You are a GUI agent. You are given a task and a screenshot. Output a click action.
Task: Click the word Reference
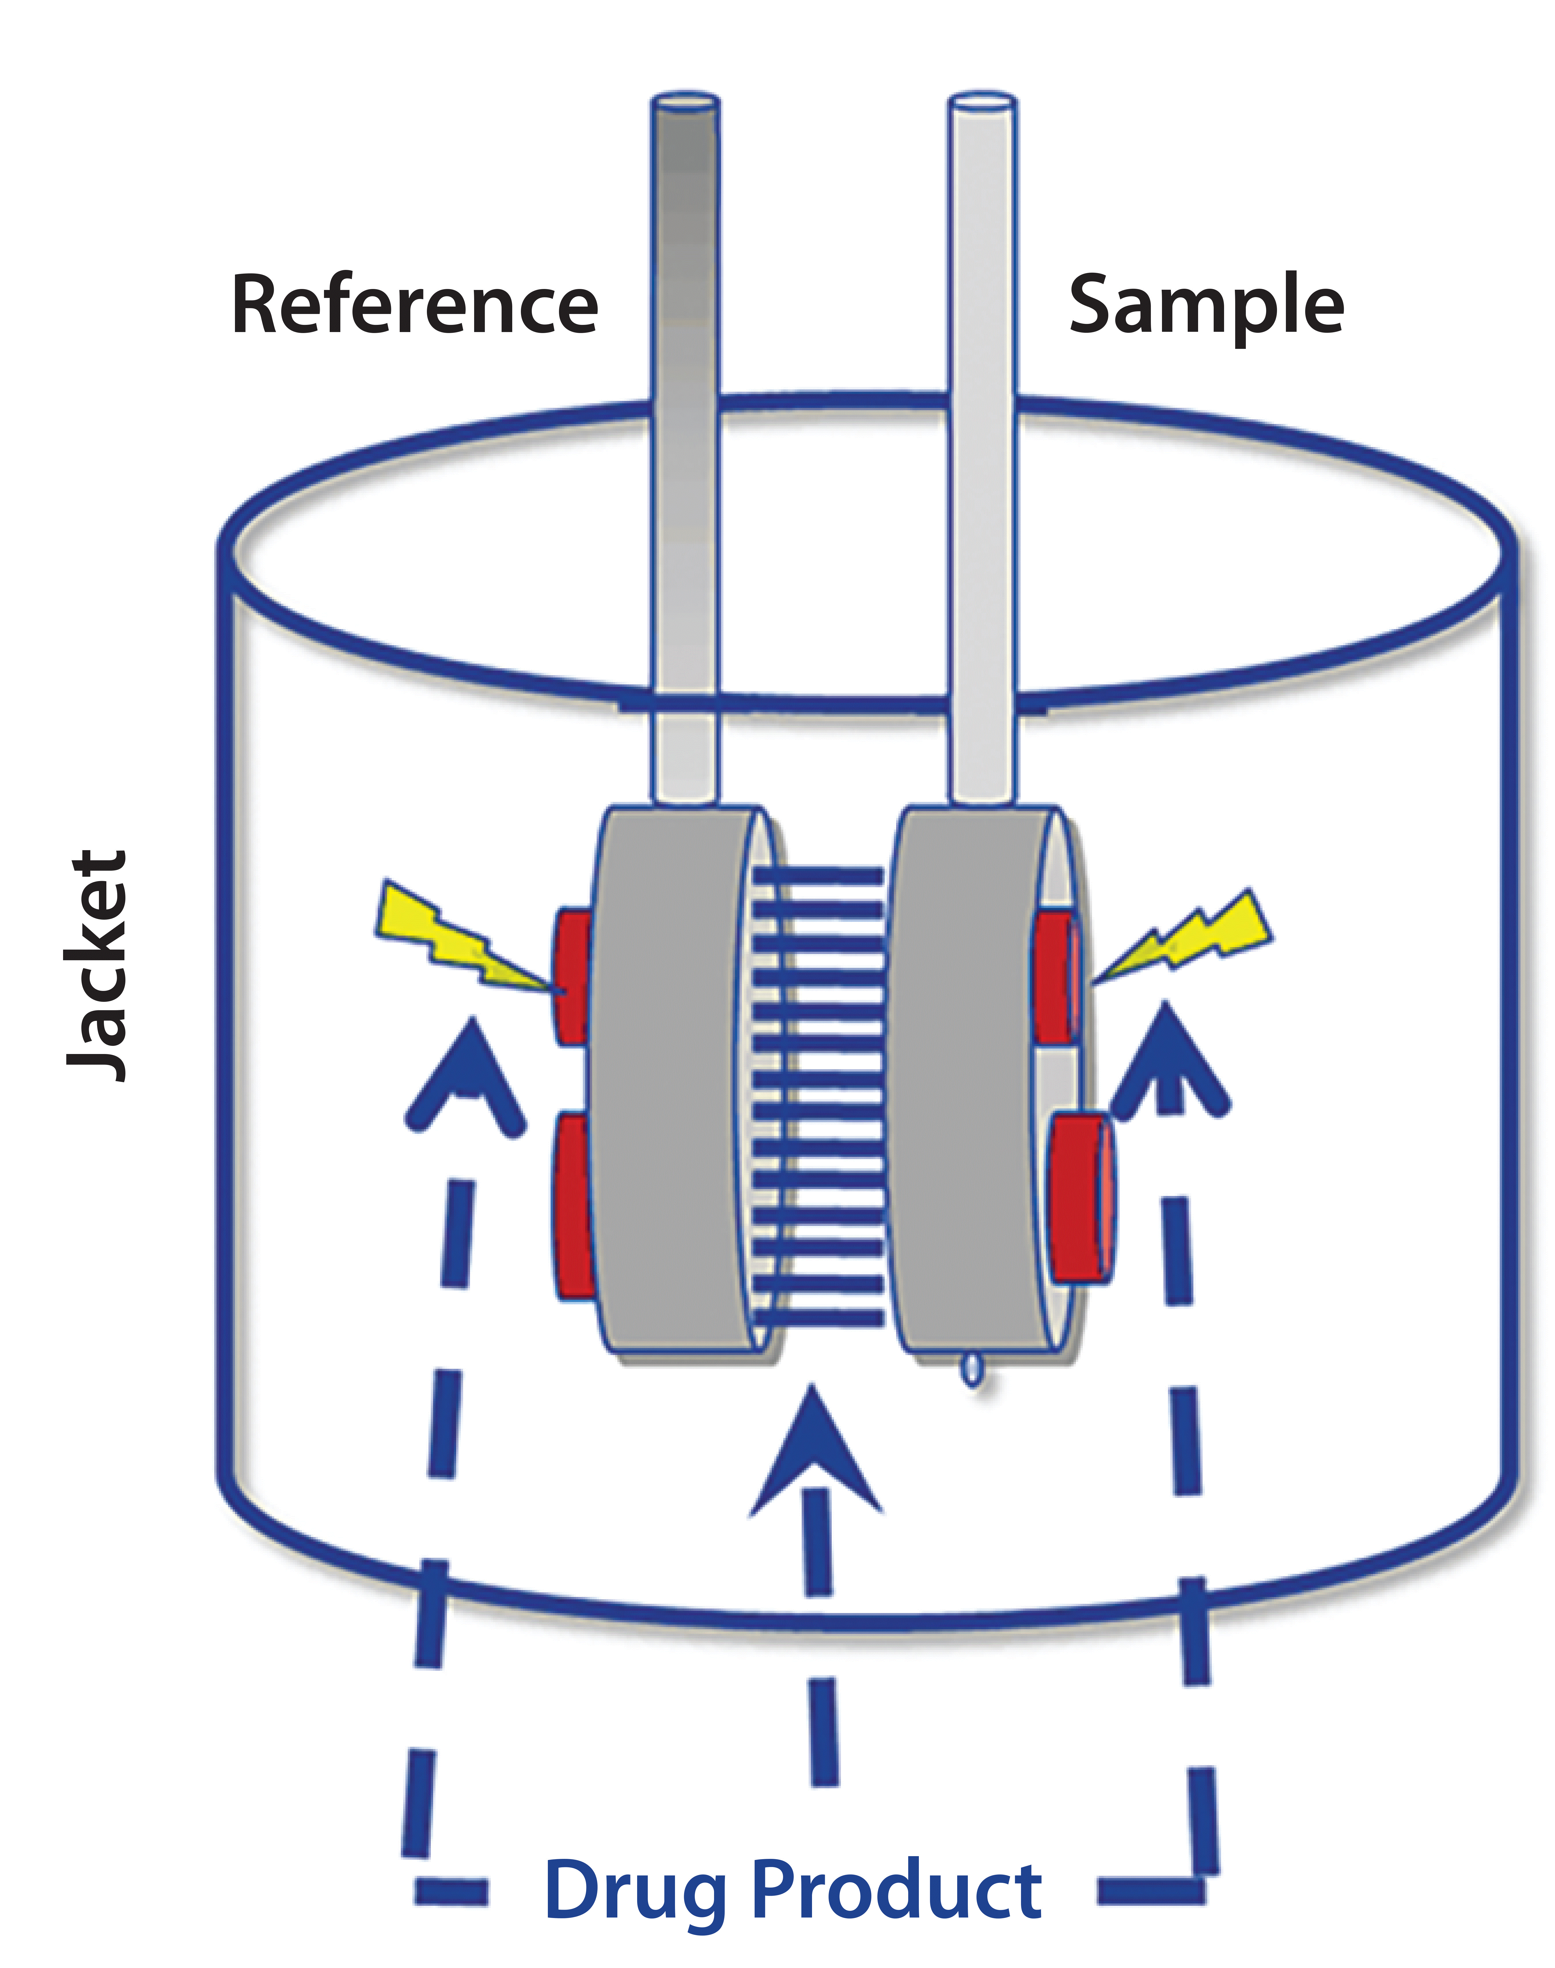(414, 305)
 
